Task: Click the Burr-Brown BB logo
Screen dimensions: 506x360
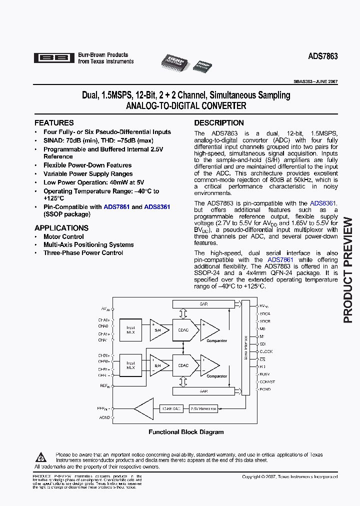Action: (53, 58)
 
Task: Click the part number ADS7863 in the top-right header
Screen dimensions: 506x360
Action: (322, 57)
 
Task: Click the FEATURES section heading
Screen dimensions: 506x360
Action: (54, 122)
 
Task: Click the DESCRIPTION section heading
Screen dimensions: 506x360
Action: (219, 122)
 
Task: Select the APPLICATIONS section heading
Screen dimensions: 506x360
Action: (61, 228)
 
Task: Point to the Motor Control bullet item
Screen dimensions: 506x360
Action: (63, 236)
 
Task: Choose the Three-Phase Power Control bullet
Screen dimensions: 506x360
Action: (83, 252)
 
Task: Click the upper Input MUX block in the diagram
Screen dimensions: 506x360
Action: (131, 330)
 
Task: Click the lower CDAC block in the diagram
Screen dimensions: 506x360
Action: (183, 365)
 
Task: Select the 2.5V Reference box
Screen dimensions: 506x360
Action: (203, 408)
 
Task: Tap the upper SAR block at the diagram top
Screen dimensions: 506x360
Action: (203, 304)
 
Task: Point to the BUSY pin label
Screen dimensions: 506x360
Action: (265, 373)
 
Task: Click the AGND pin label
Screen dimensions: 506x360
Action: (104, 417)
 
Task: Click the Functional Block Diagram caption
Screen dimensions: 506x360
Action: (186, 432)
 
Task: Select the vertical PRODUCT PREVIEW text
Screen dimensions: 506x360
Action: (348, 270)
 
